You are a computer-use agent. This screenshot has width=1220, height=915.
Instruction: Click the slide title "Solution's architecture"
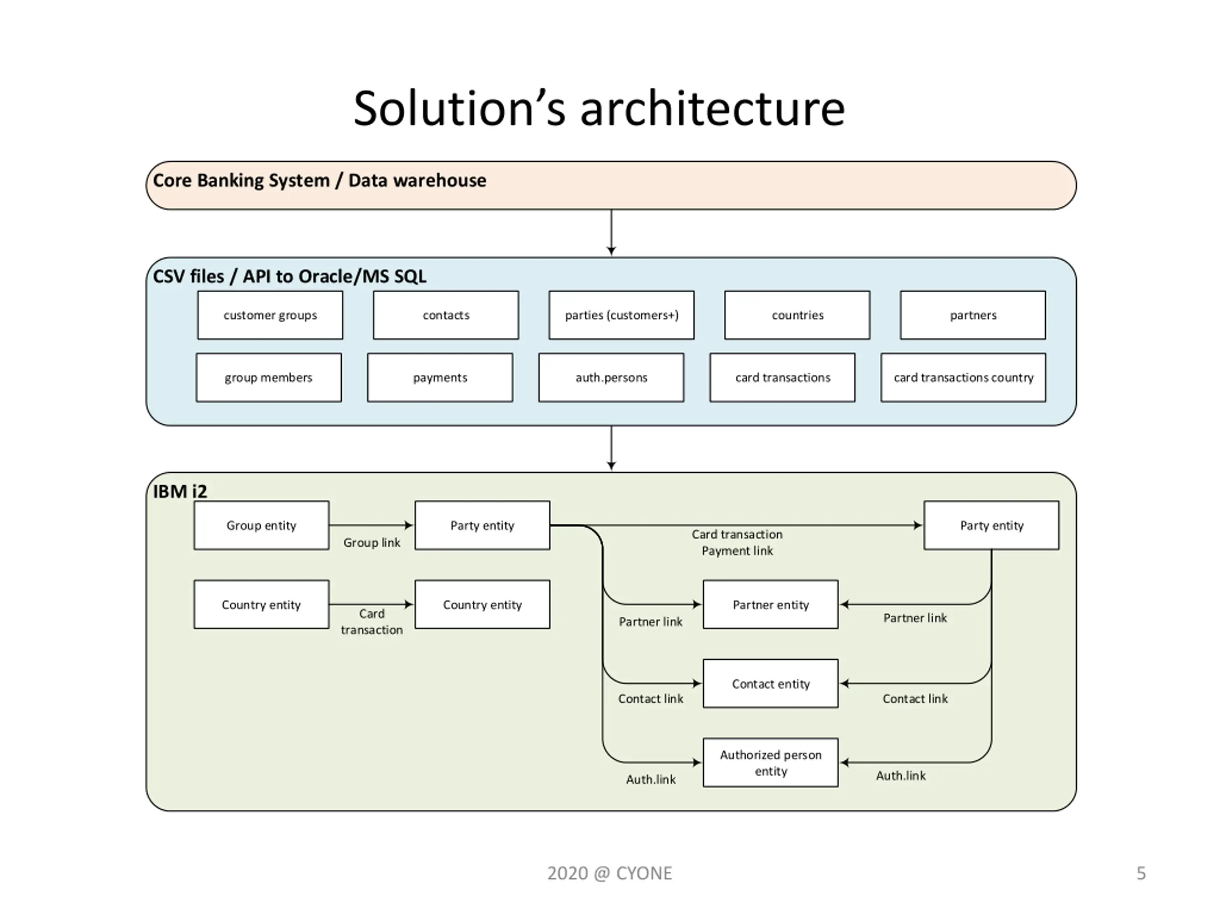(x=599, y=108)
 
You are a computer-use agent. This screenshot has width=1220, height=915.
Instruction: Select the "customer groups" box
(x=270, y=315)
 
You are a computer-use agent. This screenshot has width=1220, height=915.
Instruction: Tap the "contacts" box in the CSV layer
(x=446, y=315)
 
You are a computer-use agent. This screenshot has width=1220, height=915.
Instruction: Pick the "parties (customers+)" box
(x=621, y=315)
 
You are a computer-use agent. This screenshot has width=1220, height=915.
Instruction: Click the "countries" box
(x=797, y=315)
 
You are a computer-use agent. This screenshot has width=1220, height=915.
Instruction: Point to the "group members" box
(x=269, y=378)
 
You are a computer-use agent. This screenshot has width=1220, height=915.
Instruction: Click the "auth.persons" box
(x=611, y=378)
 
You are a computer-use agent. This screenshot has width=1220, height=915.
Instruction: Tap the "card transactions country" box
(x=963, y=378)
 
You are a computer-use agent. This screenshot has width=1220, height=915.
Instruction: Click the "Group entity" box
(x=262, y=525)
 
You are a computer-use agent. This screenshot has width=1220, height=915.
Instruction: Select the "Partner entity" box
(x=771, y=604)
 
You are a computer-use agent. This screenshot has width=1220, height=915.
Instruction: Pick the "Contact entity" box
(x=771, y=684)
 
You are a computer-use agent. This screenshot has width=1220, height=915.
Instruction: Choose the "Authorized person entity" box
(x=771, y=763)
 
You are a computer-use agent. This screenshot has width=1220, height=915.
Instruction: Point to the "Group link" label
(x=372, y=543)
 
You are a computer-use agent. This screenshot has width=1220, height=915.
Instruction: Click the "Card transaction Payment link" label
(x=737, y=543)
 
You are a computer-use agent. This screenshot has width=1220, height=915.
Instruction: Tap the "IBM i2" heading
(x=180, y=491)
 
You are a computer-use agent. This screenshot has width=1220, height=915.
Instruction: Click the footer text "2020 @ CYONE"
(x=610, y=873)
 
